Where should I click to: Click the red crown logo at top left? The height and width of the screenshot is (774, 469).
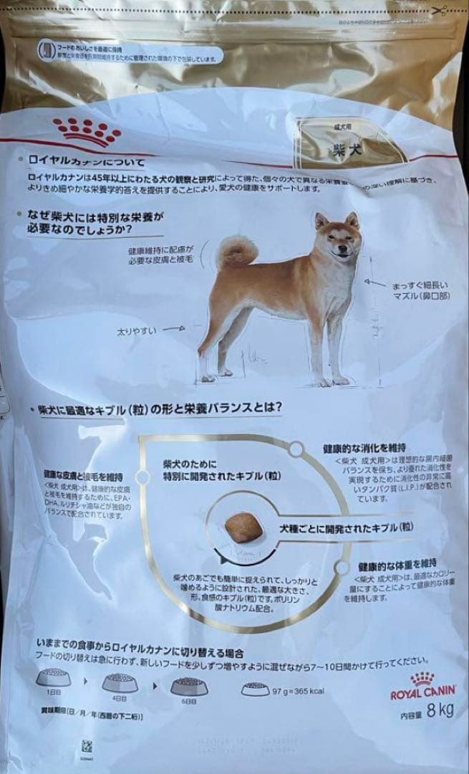click(88, 130)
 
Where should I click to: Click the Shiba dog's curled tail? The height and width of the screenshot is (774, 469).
click(237, 252)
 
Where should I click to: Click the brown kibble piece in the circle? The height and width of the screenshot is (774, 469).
click(241, 527)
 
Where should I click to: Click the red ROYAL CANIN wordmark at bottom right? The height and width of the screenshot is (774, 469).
click(422, 694)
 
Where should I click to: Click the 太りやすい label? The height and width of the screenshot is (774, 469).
click(137, 331)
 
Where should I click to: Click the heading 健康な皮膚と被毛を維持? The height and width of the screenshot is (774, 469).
click(82, 474)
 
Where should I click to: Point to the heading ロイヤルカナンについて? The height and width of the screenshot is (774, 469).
click(87, 162)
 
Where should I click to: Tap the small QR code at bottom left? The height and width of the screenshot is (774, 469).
click(87, 743)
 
